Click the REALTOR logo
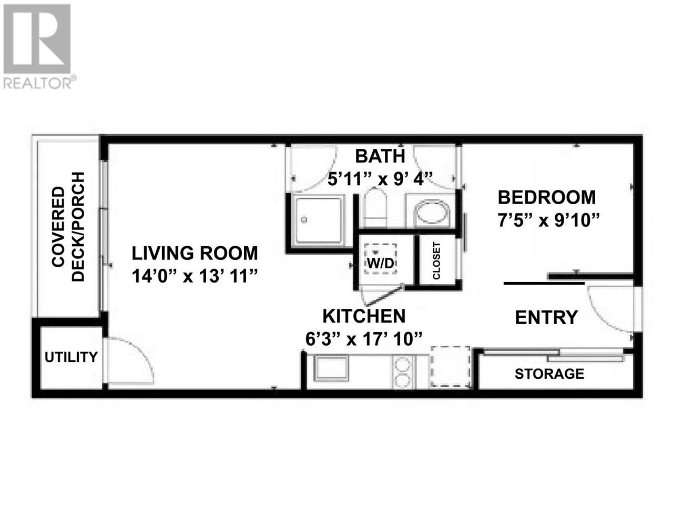[37, 46]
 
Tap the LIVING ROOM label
[195, 253]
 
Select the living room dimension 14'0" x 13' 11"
[195, 276]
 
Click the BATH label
[380, 156]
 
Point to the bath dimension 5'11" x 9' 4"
[380, 178]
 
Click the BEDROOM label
[547, 197]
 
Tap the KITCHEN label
[364, 316]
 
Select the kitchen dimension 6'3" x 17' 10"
[364, 339]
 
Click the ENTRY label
[546, 317]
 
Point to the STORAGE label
[549, 374]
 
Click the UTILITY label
[71, 357]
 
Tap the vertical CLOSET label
[436, 260]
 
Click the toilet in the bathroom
[374, 208]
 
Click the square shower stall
[319, 220]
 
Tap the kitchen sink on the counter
[331, 368]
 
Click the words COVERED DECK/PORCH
[68, 226]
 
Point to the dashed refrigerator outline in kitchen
[451, 367]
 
